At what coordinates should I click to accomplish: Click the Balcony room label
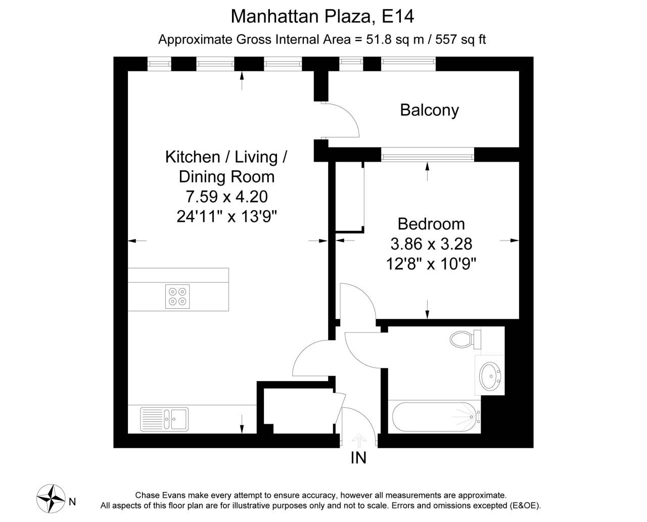[429, 110]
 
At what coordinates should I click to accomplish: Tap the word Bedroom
[431, 224]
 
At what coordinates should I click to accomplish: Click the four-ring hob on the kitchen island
[177, 297]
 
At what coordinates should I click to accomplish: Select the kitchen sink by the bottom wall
[164, 419]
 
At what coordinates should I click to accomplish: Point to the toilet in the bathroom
[466, 339]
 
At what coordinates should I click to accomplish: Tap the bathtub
[434, 416]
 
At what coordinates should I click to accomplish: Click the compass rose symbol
[51, 499]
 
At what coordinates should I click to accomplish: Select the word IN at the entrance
[358, 458]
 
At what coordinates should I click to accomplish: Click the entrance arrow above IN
[359, 440]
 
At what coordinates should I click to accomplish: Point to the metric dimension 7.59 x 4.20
[226, 197]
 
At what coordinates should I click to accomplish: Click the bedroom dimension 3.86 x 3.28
[431, 244]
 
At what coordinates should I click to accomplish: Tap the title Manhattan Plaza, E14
[322, 16]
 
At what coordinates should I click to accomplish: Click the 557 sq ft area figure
[460, 39]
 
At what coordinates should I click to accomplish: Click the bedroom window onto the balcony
[428, 155]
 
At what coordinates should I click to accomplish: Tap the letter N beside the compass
[72, 502]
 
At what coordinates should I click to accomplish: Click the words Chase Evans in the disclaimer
[160, 495]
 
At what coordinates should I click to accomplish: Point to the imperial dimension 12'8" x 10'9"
[431, 264]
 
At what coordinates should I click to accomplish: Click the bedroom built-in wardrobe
[350, 197]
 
